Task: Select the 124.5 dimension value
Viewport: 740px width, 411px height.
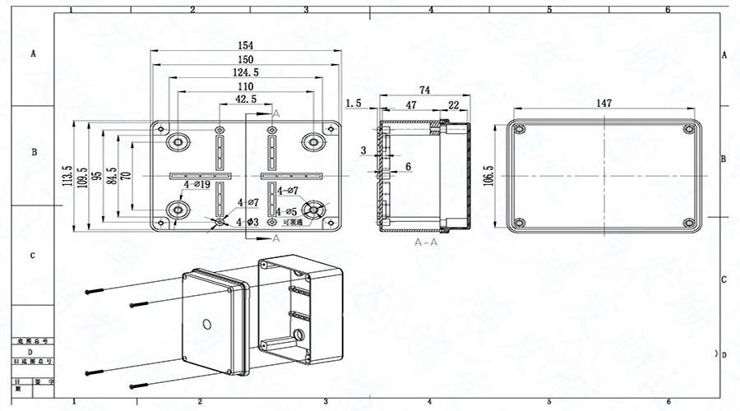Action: [x=245, y=73]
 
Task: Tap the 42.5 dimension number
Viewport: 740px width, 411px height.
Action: [x=245, y=99]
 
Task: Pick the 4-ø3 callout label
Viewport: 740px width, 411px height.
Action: [x=248, y=222]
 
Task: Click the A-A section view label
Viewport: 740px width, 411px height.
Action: [x=426, y=243]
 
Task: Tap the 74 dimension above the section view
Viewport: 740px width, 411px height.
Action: [x=425, y=90]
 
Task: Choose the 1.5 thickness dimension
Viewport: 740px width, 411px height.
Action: [x=354, y=104]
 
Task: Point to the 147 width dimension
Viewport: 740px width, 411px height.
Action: [x=604, y=103]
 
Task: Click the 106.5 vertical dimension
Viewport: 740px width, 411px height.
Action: [x=488, y=176]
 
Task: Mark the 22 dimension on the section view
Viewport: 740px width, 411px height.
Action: [x=454, y=104]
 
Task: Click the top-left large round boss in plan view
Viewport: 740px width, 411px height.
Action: [x=177, y=141]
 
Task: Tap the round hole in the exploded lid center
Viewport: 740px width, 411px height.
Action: [x=209, y=322]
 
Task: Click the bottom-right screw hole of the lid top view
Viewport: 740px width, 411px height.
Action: [x=689, y=223]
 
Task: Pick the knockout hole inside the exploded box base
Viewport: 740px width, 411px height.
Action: [x=301, y=335]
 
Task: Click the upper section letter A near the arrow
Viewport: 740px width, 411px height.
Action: [x=276, y=113]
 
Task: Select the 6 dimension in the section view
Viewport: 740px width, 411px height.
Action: [x=408, y=167]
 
